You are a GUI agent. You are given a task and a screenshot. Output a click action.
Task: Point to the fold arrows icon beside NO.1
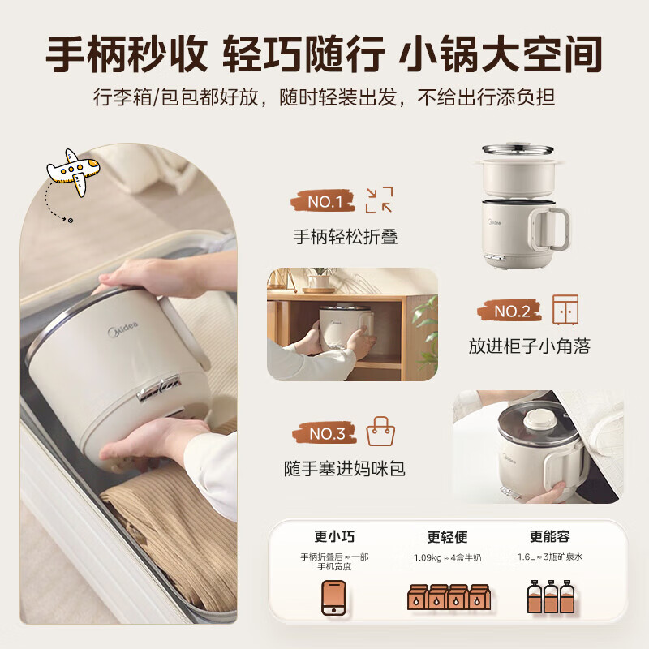coord(379,200)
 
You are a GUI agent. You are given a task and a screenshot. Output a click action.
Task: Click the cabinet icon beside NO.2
coord(565,310)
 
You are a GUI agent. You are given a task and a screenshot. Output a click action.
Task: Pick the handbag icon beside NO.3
coord(379,432)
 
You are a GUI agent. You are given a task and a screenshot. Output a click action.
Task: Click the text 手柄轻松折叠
coord(345,237)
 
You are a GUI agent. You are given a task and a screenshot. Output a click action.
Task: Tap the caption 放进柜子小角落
coord(529,346)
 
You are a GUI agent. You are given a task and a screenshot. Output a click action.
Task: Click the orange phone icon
coord(333,597)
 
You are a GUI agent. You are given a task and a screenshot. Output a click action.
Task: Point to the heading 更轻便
coord(447,537)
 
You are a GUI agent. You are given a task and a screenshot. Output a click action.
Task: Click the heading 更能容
coord(550,536)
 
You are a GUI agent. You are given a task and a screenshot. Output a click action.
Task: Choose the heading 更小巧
coord(333,536)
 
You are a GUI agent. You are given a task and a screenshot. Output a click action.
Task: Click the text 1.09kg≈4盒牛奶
coord(448,558)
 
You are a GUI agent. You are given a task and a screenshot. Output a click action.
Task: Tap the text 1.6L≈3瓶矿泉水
coord(551,557)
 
